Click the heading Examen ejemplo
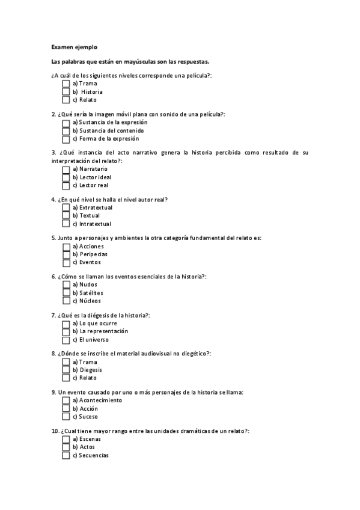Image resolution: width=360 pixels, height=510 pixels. [74, 46]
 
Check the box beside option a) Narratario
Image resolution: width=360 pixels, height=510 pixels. [66, 170]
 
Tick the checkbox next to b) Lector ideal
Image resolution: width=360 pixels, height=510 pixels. [66, 177]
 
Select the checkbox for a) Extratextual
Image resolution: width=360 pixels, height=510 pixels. [66, 207]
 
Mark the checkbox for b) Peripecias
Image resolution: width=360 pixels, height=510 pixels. [66, 254]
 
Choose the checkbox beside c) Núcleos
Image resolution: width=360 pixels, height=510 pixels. [66, 301]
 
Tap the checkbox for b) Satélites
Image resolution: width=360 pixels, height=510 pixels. [66, 293]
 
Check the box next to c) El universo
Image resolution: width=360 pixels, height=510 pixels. [66, 339]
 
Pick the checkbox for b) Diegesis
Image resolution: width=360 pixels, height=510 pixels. [66, 370]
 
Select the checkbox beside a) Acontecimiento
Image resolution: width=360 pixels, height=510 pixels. [66, 401]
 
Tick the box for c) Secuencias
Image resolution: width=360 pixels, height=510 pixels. [66, 455]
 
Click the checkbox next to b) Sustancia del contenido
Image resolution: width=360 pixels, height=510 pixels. [66, 131]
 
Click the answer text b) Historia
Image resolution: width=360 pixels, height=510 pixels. [88, 92]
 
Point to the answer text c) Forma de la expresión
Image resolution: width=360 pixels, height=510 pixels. [101, 138]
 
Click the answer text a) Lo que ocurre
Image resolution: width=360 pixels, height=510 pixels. [94, 324]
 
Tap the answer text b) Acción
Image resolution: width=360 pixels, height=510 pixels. [85, 408]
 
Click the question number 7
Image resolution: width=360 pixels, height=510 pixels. [53, 315]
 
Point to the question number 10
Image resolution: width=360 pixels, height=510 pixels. [55, 431]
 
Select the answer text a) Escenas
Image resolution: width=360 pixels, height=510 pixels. [87, 439]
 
